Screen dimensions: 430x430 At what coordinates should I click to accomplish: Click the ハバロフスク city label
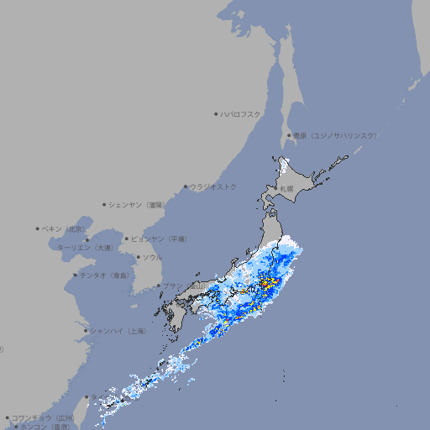point(241,113)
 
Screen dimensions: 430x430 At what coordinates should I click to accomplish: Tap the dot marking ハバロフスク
point(216,113)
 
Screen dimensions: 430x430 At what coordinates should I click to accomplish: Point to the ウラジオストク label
point(213,186)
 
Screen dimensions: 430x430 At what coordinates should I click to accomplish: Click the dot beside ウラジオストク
point(186,186)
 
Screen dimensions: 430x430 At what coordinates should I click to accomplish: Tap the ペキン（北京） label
point(65,228)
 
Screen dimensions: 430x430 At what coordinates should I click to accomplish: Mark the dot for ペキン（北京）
point(38,228)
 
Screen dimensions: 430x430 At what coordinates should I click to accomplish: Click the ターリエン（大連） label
point(84,248)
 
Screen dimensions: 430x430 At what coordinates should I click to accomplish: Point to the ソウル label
point(151,257)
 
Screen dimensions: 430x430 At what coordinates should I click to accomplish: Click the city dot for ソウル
point(136,257)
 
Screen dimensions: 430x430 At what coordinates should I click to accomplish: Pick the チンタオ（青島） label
point(104,275)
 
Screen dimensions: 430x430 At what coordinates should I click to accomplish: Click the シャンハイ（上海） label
point(118,331)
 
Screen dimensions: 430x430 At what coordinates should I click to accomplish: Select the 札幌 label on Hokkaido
point(286,189)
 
